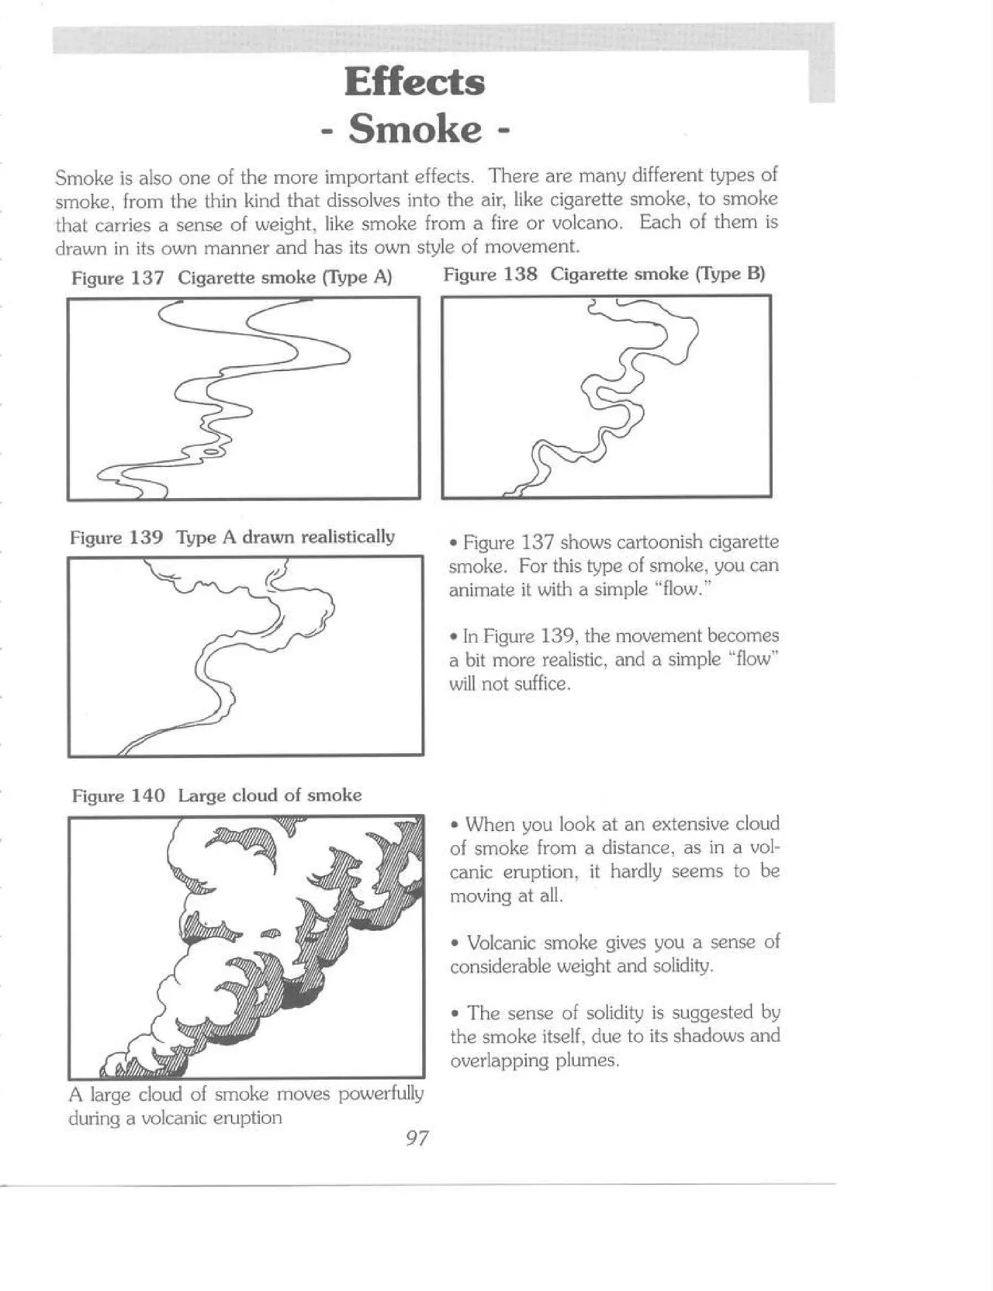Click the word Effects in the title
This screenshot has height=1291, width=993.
[414, 82]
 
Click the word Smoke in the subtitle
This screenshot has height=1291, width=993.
[414, 129]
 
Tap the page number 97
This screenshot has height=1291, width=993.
[417, 1138]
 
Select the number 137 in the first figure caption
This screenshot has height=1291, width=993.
[147, 278]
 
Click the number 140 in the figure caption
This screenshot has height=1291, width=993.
[147, 796]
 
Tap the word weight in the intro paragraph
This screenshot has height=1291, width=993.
[315, 224]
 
